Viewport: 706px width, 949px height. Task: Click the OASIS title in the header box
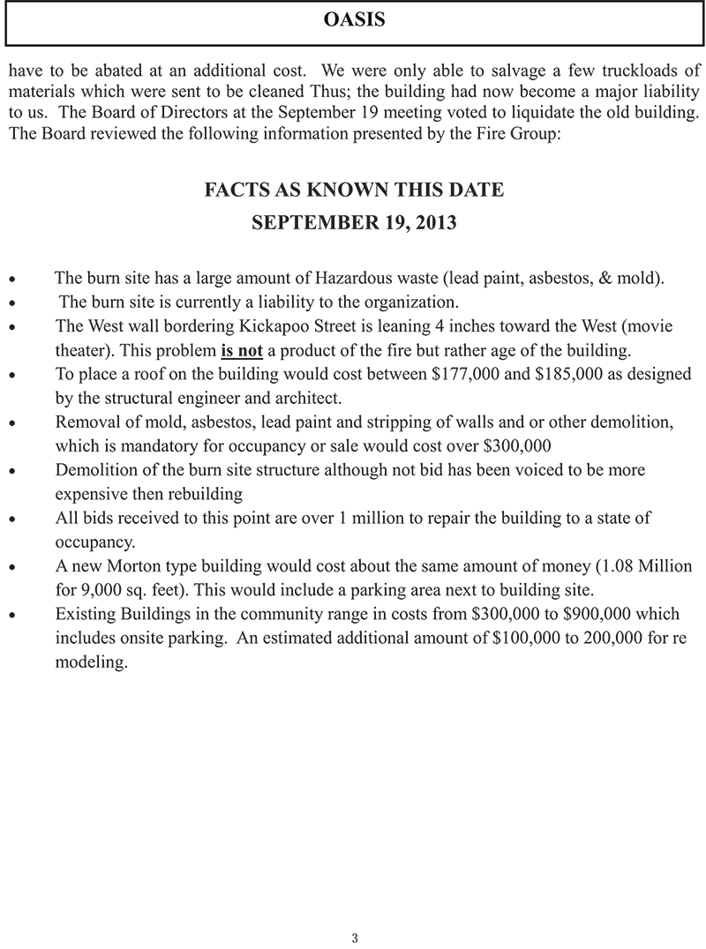[355, 19]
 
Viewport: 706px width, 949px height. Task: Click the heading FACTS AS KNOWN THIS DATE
[354, 190]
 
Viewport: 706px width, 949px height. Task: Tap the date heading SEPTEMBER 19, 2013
[354, 222]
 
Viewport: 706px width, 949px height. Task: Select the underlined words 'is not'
[241, 350]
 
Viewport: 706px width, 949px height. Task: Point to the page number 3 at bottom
[354, 938]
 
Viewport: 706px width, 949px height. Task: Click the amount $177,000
[465, 374]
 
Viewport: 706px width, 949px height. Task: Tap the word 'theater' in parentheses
[83, 350]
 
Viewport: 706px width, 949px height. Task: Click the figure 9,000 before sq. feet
[97, 589]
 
